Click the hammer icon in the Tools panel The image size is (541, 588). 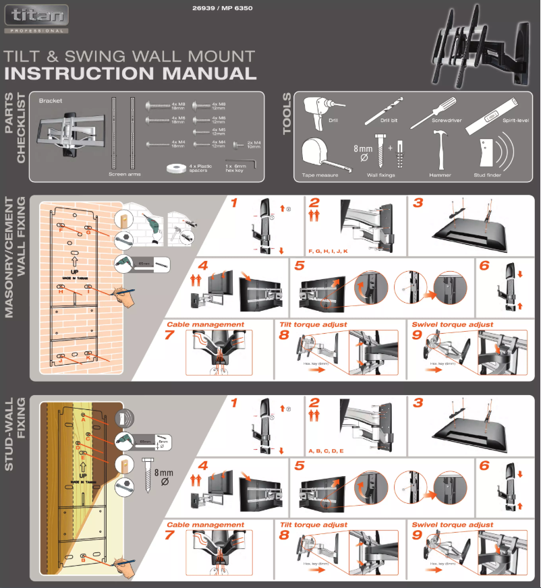(440, 154)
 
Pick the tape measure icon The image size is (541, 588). (316, 155)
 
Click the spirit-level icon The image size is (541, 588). (497, 111)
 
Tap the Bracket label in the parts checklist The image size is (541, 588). (51, 100)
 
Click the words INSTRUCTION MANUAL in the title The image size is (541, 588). (130, 73)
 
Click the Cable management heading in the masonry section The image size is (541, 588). (205, 324)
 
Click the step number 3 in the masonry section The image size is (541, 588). (418, 203)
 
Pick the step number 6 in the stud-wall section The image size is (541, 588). (484, 465)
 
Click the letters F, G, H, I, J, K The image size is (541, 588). (327, 251)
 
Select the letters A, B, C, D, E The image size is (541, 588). (326, 450)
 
